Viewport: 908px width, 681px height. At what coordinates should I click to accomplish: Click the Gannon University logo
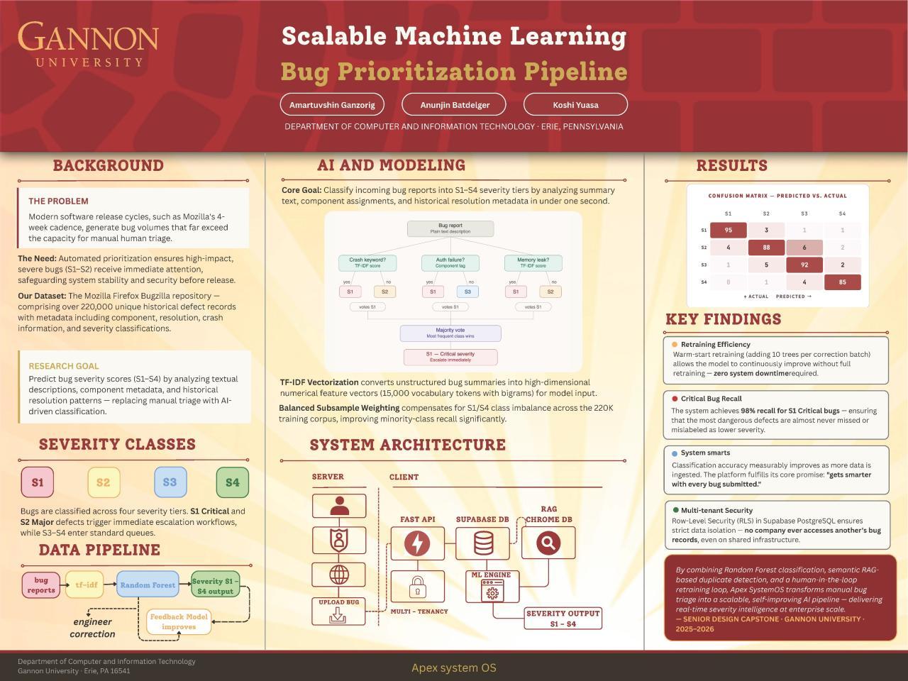tap(88, 44)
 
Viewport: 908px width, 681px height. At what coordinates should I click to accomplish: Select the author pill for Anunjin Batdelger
tap(455, 104)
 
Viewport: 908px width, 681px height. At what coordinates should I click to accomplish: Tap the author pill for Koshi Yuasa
tap(575, 104)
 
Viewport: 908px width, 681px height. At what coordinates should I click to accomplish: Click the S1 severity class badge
tap(38, 482)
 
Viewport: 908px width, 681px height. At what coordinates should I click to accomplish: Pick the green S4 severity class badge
tap(232, 482)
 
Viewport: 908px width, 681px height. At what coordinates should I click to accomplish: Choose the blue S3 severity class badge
tap(170, 482)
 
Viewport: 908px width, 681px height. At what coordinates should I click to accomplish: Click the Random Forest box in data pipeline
tap(148, 585)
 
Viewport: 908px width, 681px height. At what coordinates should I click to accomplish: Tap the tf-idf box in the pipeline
tap(86, 585)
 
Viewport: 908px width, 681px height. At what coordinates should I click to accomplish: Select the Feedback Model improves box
tap(179, 622)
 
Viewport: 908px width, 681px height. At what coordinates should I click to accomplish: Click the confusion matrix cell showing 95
tap(729, 230)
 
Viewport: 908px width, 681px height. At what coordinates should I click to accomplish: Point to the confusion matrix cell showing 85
tap(842, 282)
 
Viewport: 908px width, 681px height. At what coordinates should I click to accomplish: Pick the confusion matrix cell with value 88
tap(766, 248)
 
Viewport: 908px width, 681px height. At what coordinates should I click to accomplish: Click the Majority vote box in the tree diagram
tap(450, 333)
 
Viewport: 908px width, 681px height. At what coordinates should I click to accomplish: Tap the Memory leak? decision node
tap(533, 262)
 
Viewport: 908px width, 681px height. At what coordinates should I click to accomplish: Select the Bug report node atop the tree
tap(450, 228)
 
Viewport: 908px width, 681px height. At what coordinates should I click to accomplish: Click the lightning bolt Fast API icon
tap(417, 543)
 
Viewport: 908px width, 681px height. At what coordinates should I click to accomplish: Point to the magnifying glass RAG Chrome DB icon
tap(548, 543)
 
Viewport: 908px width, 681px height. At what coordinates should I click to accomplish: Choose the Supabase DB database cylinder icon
tap(482, 543)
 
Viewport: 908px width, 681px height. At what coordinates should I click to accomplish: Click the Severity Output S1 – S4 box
tap(563, 618)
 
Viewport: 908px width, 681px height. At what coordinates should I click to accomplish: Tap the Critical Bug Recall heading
tap(712, 399)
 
